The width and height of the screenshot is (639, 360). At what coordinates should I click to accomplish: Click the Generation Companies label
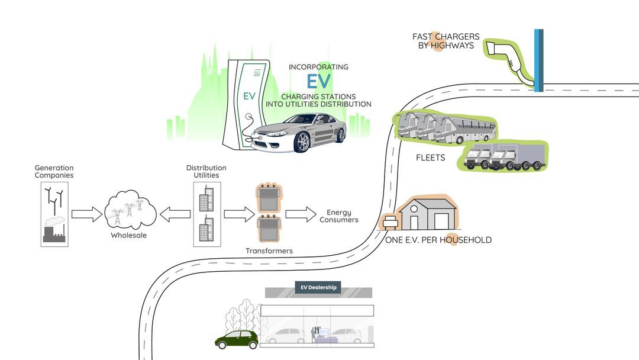click(x=54, y=172)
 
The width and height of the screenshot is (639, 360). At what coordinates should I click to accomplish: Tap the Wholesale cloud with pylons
click(x=130, y=210)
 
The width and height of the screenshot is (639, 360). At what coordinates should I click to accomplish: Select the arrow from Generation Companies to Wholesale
click(x=87, y=214)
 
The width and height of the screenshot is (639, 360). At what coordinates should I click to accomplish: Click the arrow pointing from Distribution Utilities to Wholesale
click(x=175, y=214)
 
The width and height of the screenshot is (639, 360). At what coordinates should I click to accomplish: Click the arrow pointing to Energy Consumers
click(x=301, y=214)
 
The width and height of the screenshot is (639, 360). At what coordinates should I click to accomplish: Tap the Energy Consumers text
click(x=338, y=216)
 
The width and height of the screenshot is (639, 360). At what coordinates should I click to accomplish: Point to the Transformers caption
click(x=269, y=251)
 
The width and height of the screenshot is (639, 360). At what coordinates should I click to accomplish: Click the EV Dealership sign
click(x=318, y=288)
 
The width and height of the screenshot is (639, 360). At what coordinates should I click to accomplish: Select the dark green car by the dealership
click(x=237, y=339)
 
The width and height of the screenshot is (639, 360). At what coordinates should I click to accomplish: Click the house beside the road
click(x=428, y=214)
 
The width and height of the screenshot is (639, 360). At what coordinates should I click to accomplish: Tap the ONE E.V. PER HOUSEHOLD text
click(x=438, y=240)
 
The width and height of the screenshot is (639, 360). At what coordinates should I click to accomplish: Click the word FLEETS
click(x=430, y=158)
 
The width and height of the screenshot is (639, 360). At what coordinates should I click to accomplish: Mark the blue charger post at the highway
click(x=538, y=60)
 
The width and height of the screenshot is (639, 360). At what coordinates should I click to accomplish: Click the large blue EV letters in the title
click(x=319, y=81)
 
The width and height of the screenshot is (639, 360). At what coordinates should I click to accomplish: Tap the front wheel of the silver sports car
click(x=302, y=142)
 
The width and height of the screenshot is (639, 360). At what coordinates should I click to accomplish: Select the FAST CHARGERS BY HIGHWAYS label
click(x=446, y=41)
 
